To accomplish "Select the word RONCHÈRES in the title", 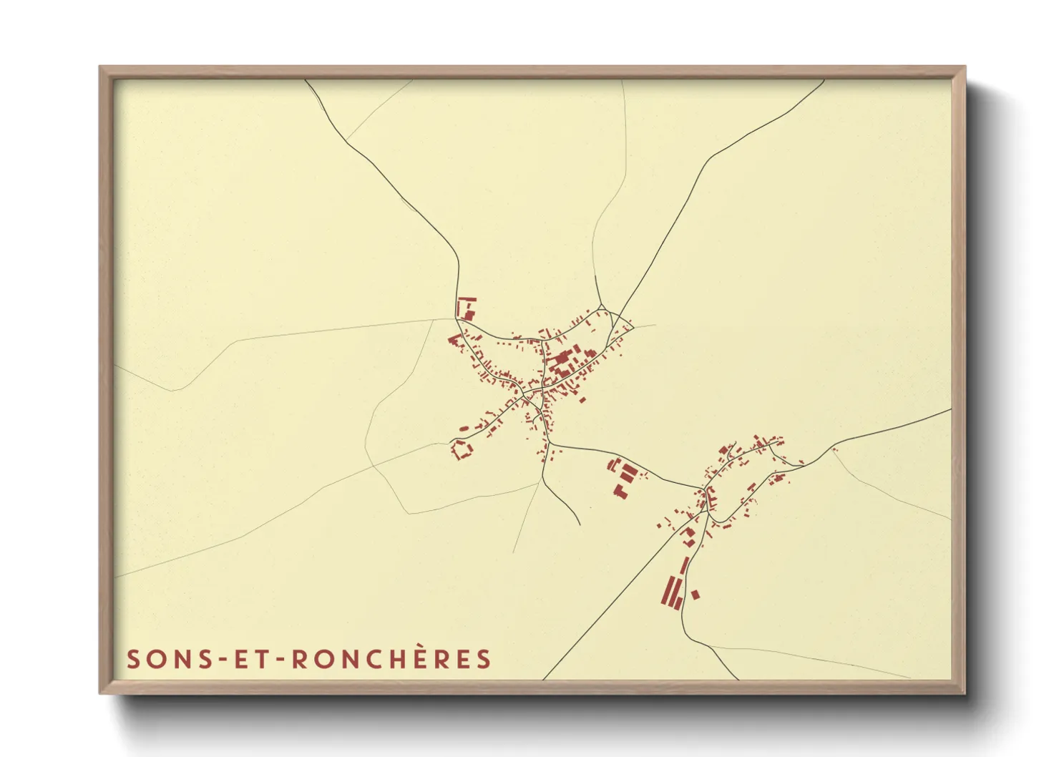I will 391,659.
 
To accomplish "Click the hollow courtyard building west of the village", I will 462,450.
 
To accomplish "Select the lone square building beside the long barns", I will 695,595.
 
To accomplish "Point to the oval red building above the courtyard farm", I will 463,429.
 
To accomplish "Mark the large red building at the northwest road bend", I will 467,308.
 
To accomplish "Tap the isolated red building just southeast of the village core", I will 582,399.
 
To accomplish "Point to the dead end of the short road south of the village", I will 580,524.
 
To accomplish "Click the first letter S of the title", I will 132,659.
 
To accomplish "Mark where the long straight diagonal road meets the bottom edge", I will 543,678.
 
